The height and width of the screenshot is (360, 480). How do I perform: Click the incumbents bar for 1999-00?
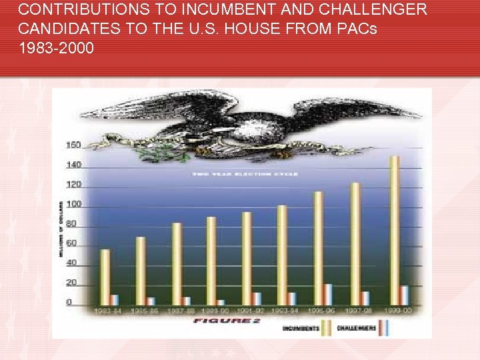tap(395, 231)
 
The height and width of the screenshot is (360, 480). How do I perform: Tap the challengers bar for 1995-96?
tap(327, 295)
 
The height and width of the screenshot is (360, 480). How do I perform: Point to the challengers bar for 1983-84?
tap(115, 300)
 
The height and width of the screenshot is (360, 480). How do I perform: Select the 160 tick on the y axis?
tap(73, 145)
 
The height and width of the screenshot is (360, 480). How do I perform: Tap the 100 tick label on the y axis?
tap(73, 204)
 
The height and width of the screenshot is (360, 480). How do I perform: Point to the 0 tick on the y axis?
tap(69, 303)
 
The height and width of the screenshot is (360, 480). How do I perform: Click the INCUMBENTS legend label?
tap(300, 327)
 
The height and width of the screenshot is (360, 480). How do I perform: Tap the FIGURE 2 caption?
tap(227, 321)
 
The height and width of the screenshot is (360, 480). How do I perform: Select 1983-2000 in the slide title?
tap(57, 49)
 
